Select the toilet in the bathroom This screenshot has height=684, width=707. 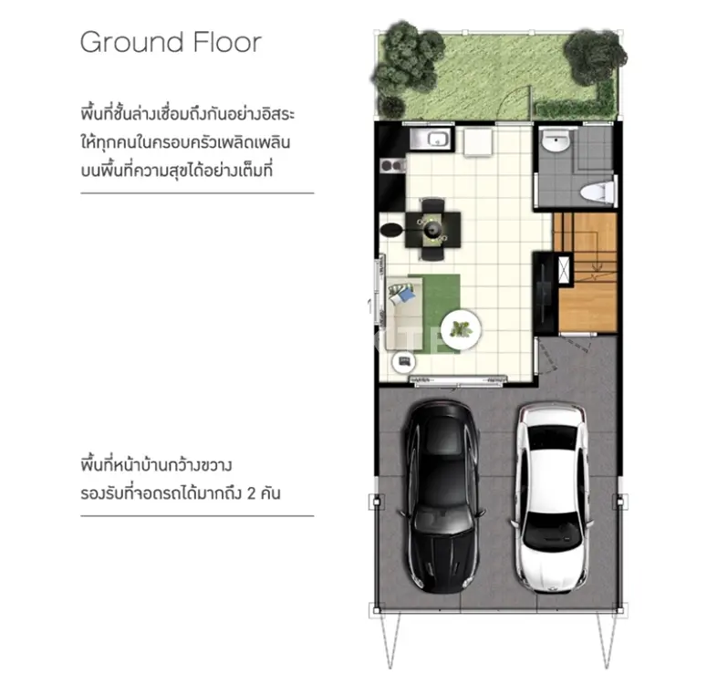[x=598, y=192]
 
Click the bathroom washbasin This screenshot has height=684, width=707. [x=556, y=141]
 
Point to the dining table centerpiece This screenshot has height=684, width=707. [x=432, y=231]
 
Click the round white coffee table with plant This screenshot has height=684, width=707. [x=461, y=329]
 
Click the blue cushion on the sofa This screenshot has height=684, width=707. [x=406, y=295]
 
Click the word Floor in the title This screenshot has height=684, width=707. [x=228, y=42]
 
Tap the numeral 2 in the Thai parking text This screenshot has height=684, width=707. [x=252, y=493]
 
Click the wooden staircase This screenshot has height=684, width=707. [x=587, y=272]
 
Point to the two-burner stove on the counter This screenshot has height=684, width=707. [x=393, y=165]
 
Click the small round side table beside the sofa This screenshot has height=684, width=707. [x=403, y=362]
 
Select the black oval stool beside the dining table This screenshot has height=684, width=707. [x=391, y=230]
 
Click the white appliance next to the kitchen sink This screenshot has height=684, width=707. [x=478, y=141]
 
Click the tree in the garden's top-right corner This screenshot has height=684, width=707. [x=594, y=57]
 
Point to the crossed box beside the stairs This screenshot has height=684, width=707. [x=565, y=270]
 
